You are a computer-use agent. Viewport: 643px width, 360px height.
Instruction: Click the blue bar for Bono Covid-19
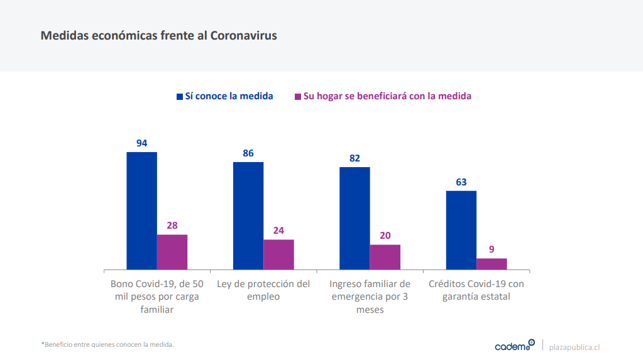[141, 210]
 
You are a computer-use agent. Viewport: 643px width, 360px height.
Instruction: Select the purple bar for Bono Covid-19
[172, 252]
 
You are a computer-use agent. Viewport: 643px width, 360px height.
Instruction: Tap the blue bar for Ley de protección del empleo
[248, 215]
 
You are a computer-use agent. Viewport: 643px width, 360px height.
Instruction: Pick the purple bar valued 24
[278, 254]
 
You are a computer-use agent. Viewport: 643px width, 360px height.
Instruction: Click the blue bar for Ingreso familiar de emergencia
[354, 218]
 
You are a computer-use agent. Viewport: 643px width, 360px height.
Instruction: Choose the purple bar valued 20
[385, 257]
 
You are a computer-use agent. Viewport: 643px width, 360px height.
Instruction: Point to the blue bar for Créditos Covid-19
[461, 230]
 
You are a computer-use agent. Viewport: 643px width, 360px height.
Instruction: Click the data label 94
[142, 143]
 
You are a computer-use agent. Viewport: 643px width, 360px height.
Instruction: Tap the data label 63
[461, 182]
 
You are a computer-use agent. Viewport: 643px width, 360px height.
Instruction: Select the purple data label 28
[172, 226]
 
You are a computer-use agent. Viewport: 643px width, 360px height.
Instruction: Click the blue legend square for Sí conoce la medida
[179, 97]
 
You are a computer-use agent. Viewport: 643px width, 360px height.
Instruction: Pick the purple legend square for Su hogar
[298, 97]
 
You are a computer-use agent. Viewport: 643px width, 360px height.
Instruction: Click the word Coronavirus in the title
[243, 35]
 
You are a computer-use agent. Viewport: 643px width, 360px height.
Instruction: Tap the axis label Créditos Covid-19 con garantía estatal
[476, 290]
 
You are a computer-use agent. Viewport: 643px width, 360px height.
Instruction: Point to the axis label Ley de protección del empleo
[263, 290]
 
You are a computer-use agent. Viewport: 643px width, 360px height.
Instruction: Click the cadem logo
[514, 346]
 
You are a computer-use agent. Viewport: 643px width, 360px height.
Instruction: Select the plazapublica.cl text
[574, 346]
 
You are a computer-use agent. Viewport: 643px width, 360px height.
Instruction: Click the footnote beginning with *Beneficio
[107, 344]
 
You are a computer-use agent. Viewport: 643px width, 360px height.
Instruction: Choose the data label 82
[354, 158]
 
